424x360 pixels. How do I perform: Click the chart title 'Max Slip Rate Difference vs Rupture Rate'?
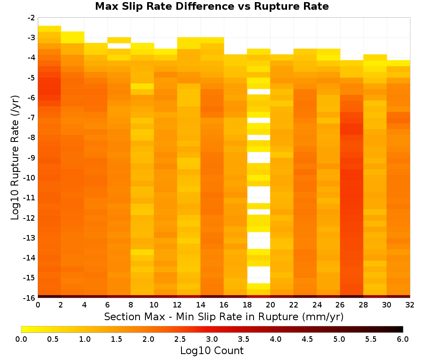(212, 6)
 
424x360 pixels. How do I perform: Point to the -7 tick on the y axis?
(32, 118)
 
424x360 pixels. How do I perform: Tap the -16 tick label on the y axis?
(30, 298)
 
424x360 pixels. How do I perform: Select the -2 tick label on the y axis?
(32, 18)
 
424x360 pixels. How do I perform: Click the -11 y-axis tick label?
(30, 198)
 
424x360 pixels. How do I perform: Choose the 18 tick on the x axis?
(247, 305)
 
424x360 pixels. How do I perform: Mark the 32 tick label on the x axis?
(410, 305)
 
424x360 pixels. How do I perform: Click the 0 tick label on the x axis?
(38, 305)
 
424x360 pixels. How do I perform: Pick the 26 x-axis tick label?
(340, 305)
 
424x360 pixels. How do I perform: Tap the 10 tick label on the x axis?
(154, 305)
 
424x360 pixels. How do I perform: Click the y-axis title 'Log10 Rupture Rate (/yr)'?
(15, 158)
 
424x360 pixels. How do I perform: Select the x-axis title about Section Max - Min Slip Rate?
(224, 317)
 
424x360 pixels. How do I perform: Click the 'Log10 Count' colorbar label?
(212, 351)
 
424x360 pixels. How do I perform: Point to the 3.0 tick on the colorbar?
(212, 339)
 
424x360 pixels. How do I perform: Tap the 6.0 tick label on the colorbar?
(403, 339)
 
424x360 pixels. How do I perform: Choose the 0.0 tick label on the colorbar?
(21, 339)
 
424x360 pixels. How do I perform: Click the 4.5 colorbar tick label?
(307, 339)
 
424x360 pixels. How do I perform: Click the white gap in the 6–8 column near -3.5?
(119, 46)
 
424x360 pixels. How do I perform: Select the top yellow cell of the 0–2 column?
(50, 29)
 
